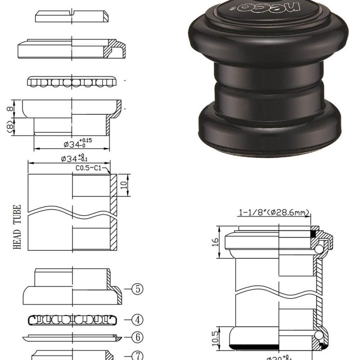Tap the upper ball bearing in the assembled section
point(319,249)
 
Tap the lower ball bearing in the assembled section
point(319,335)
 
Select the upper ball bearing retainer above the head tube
point(72,82)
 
